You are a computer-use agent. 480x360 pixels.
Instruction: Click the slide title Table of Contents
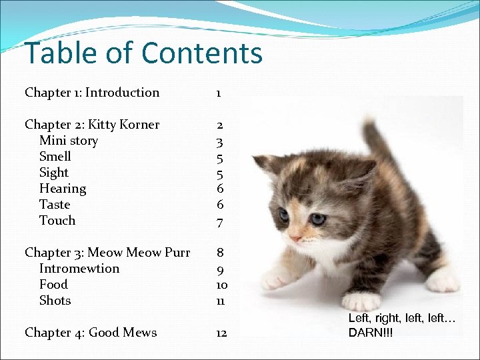[x=143, y=53]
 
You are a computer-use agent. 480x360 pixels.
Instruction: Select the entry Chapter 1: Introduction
[x=92, y=93]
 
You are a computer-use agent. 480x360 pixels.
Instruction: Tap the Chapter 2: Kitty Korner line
[x=92, y=125]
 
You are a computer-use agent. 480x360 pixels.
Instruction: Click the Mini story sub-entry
[x=69, y=141]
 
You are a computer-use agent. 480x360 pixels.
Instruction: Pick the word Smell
[x=55, y=157]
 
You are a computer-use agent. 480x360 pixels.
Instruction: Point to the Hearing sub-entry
[x=63, y=189]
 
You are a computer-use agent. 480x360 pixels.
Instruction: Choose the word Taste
[x=55, y=205]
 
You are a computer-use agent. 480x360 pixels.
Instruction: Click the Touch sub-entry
[x=57, y=221]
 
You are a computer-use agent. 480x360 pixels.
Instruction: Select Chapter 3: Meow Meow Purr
[x=107, y=253]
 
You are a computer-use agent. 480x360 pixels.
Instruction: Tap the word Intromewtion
[x=79, y=269]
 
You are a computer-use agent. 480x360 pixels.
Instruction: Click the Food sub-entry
[x=53, y=285]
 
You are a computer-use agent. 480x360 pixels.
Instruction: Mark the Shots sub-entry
[x=55, y=301]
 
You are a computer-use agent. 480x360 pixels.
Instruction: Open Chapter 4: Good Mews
[x=91, y=333]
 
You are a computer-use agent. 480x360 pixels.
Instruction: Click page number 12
[x=221, y=333]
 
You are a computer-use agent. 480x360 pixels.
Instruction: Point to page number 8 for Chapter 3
[x=219, y=253]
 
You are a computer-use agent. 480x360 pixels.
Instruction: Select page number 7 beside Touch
[x=219, y=221]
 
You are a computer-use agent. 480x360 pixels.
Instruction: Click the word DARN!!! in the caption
[x=371, y=332]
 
